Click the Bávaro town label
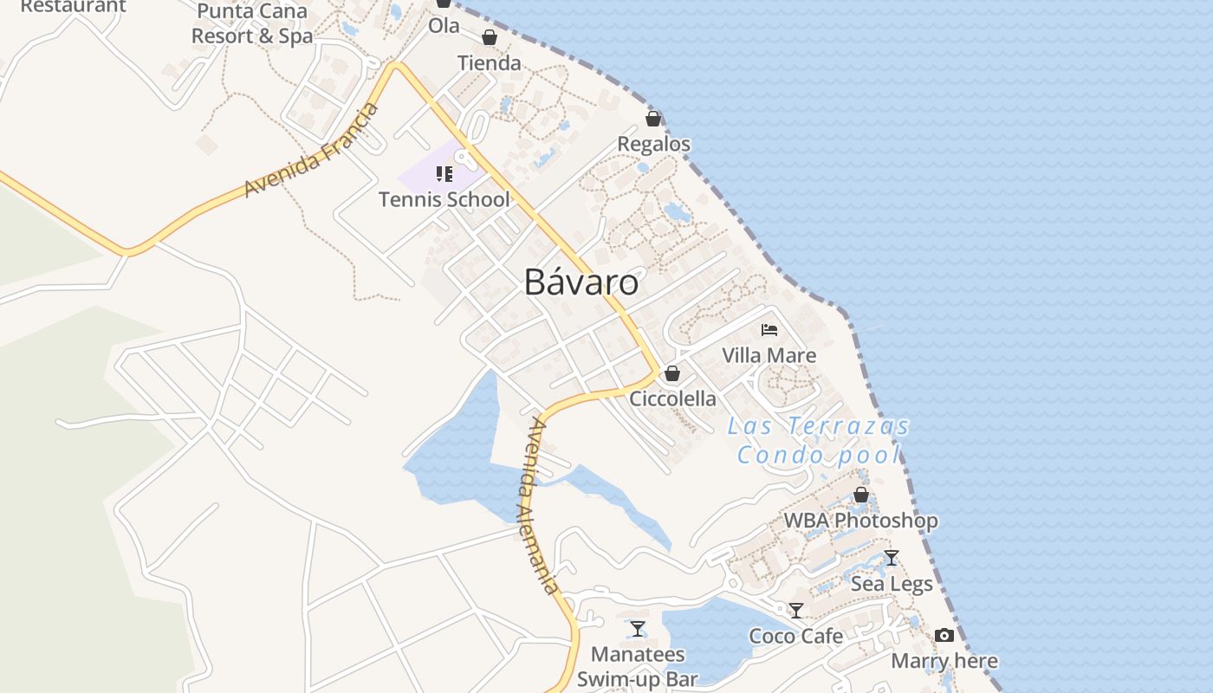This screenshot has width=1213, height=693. coord(581,282)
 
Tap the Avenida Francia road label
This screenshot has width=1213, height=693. coord(311,150)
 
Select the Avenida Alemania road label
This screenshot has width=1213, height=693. coord(540,506)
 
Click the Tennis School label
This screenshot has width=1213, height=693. coord(444,199)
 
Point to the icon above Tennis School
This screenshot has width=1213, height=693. coord(444,174)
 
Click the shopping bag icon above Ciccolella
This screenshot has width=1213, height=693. coord(671,374)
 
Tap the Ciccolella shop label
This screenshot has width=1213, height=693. coord(673,398)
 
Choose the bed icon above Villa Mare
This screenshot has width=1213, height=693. coord(769,330)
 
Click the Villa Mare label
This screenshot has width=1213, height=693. coord(769,355)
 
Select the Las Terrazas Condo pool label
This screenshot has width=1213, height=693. coord(820,440)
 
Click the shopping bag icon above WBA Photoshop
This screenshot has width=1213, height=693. coord(861,495)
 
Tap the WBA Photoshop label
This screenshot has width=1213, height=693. coord(860,521)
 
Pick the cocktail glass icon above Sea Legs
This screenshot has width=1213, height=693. coord(891,558)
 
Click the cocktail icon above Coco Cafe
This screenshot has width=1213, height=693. coord(796,611)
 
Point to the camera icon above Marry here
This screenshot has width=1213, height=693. coord(944,636)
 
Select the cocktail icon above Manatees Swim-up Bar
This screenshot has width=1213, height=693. coord(638,628)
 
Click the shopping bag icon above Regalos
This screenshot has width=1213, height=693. coord(653,119)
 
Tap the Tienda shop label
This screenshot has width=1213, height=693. coord(490,62)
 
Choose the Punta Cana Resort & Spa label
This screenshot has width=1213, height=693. coord(252,23)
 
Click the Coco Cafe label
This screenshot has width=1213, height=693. coord(796,636)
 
